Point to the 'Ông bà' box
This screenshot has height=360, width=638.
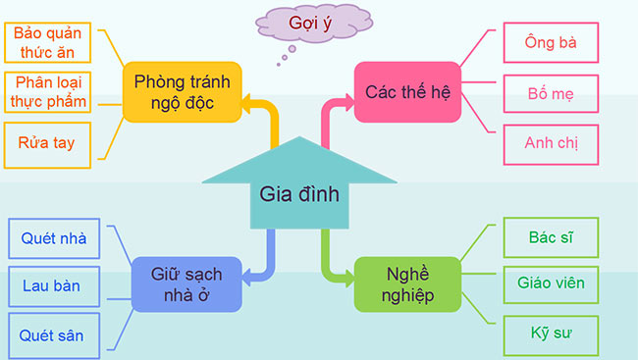tap(551, 45)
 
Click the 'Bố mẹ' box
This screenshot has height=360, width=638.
tap(551, 95)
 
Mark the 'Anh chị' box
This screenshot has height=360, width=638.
tap(551, 144)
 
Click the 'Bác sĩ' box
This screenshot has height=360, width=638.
tap(551, 237)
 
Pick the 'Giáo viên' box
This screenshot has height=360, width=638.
tap(551, 284)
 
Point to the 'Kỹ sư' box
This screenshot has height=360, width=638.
tap(551, 334)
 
